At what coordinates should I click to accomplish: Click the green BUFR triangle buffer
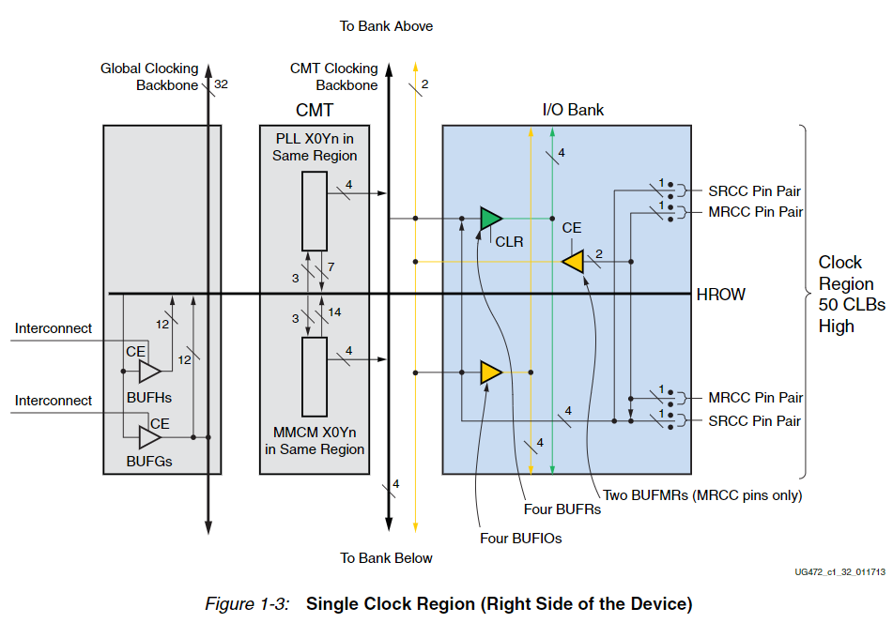tap(489, 219)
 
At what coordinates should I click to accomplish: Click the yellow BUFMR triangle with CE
tap(574, 261)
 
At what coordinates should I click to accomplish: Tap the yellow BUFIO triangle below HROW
tap(489, 372)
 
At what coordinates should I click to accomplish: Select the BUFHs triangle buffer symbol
tap(149, 372)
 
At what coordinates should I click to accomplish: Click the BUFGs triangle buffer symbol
tap(149, 437)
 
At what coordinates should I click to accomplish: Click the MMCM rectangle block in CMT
tap(315, 376)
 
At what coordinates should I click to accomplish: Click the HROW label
tap(720, 295)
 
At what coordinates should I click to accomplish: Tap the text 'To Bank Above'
tap(386, 26)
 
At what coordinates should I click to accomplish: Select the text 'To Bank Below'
tap(386, 558)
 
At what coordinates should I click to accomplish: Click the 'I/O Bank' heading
tap(573, 110)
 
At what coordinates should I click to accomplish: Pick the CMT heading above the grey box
tap(314, 111)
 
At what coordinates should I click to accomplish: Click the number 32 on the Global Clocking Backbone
tap(221, 84)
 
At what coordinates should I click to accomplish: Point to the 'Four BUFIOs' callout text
tap(520, 539)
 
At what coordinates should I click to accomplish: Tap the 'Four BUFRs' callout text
tap(562, 509)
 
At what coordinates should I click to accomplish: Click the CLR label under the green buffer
tap(509, 241)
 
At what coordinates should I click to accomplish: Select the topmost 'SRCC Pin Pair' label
tap(754, 190)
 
